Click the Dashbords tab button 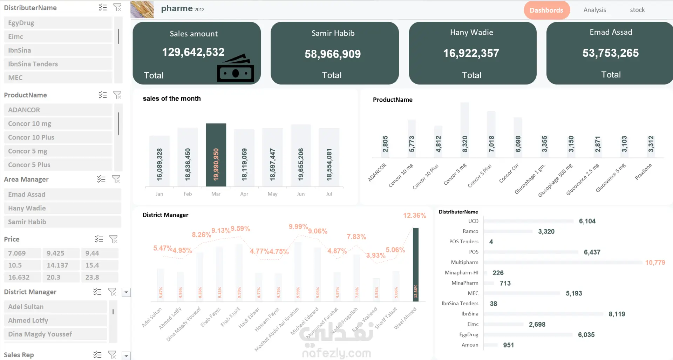pyautogui.click(x=546, y=10)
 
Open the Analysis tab pyautogui.click(x=594, y=10)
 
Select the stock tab pyautogui.click(x=637, y=10)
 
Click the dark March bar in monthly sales pyautogui.click(x=216, y=155)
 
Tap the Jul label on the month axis pyautogui.click(x=329, y=194)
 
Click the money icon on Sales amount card pyautogui.click(x=235, y=68)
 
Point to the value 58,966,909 pyautogui.click(x=332, y=54)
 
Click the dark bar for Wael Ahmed pyautogui.click(x=415, y=264)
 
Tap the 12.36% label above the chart pyautogui.click(x=414, y=215)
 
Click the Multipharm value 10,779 pyautogui.click(x=655, y=263)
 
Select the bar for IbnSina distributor pyautogui.click(x=543, y=314)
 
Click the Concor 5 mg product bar pyautogui.click(x=464, y=130)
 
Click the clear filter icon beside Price pyautogui.click(x=113, y=239)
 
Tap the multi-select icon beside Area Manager pyautogui.click(x=101, y=179)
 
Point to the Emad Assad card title pyautogui.click(x=611, y=32)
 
